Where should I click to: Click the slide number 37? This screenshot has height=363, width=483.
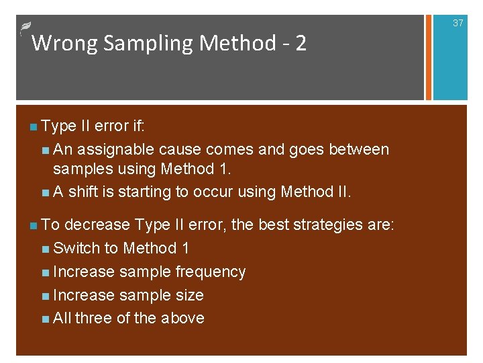(458, 23)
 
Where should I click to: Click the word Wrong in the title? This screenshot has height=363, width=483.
(58, 44)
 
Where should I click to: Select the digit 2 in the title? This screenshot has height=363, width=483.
(301, 44)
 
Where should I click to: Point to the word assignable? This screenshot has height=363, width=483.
(117, 149)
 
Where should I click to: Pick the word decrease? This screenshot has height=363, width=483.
(97, 225)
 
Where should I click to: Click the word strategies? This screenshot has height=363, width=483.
(332, 225)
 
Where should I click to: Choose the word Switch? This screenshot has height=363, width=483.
(76, 248)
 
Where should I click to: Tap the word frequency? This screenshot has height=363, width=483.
(211, 272)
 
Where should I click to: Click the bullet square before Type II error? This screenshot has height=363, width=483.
(34, 126)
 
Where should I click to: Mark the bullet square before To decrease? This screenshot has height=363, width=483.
(34, 225)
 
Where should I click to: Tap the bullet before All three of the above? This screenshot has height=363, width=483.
(45, 319)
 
